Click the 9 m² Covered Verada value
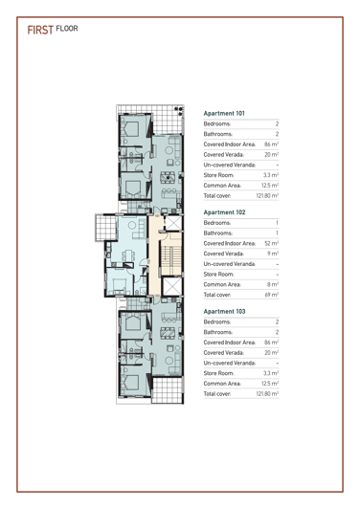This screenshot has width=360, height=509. pyautogui.click(x=272, y=267)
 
